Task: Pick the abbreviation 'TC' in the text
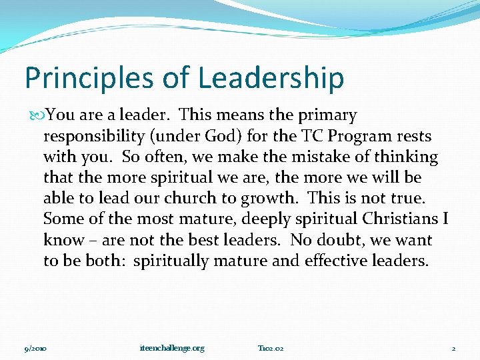(299, 137)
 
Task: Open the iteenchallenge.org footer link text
(172, 348)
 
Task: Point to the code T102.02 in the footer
(271, 348)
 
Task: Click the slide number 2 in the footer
(453, 348)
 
